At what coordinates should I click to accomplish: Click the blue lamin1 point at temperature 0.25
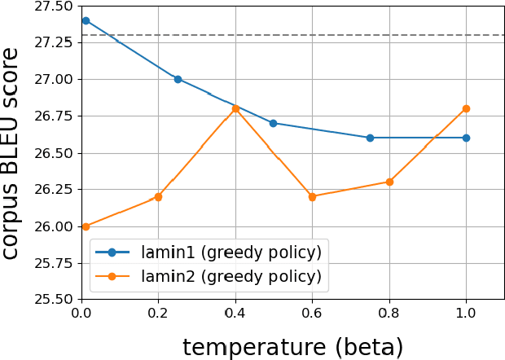coord(178,79)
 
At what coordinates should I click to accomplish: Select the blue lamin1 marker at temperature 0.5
coord(273,123)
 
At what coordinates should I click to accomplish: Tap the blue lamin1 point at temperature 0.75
coord(370,138)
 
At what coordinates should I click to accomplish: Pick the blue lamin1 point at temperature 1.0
coord(466,138)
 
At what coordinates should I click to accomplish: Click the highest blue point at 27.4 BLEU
coord(86,20)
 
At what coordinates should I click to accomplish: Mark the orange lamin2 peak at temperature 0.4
coord(235,108)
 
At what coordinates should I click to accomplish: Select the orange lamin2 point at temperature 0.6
coord(312,196)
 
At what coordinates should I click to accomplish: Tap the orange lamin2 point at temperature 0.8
coord(389,182)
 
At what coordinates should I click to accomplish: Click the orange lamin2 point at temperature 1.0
coord(466,108)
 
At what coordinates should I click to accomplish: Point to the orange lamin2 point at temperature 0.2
coord(158,196)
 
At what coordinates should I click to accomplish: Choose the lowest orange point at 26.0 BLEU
coord(86,226)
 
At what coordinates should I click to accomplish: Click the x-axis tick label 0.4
coord(235,313)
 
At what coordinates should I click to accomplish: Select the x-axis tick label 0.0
coord(81,313)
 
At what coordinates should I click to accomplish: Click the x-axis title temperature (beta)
coord(292,347)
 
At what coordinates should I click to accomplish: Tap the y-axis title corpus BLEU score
coord(11,153)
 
